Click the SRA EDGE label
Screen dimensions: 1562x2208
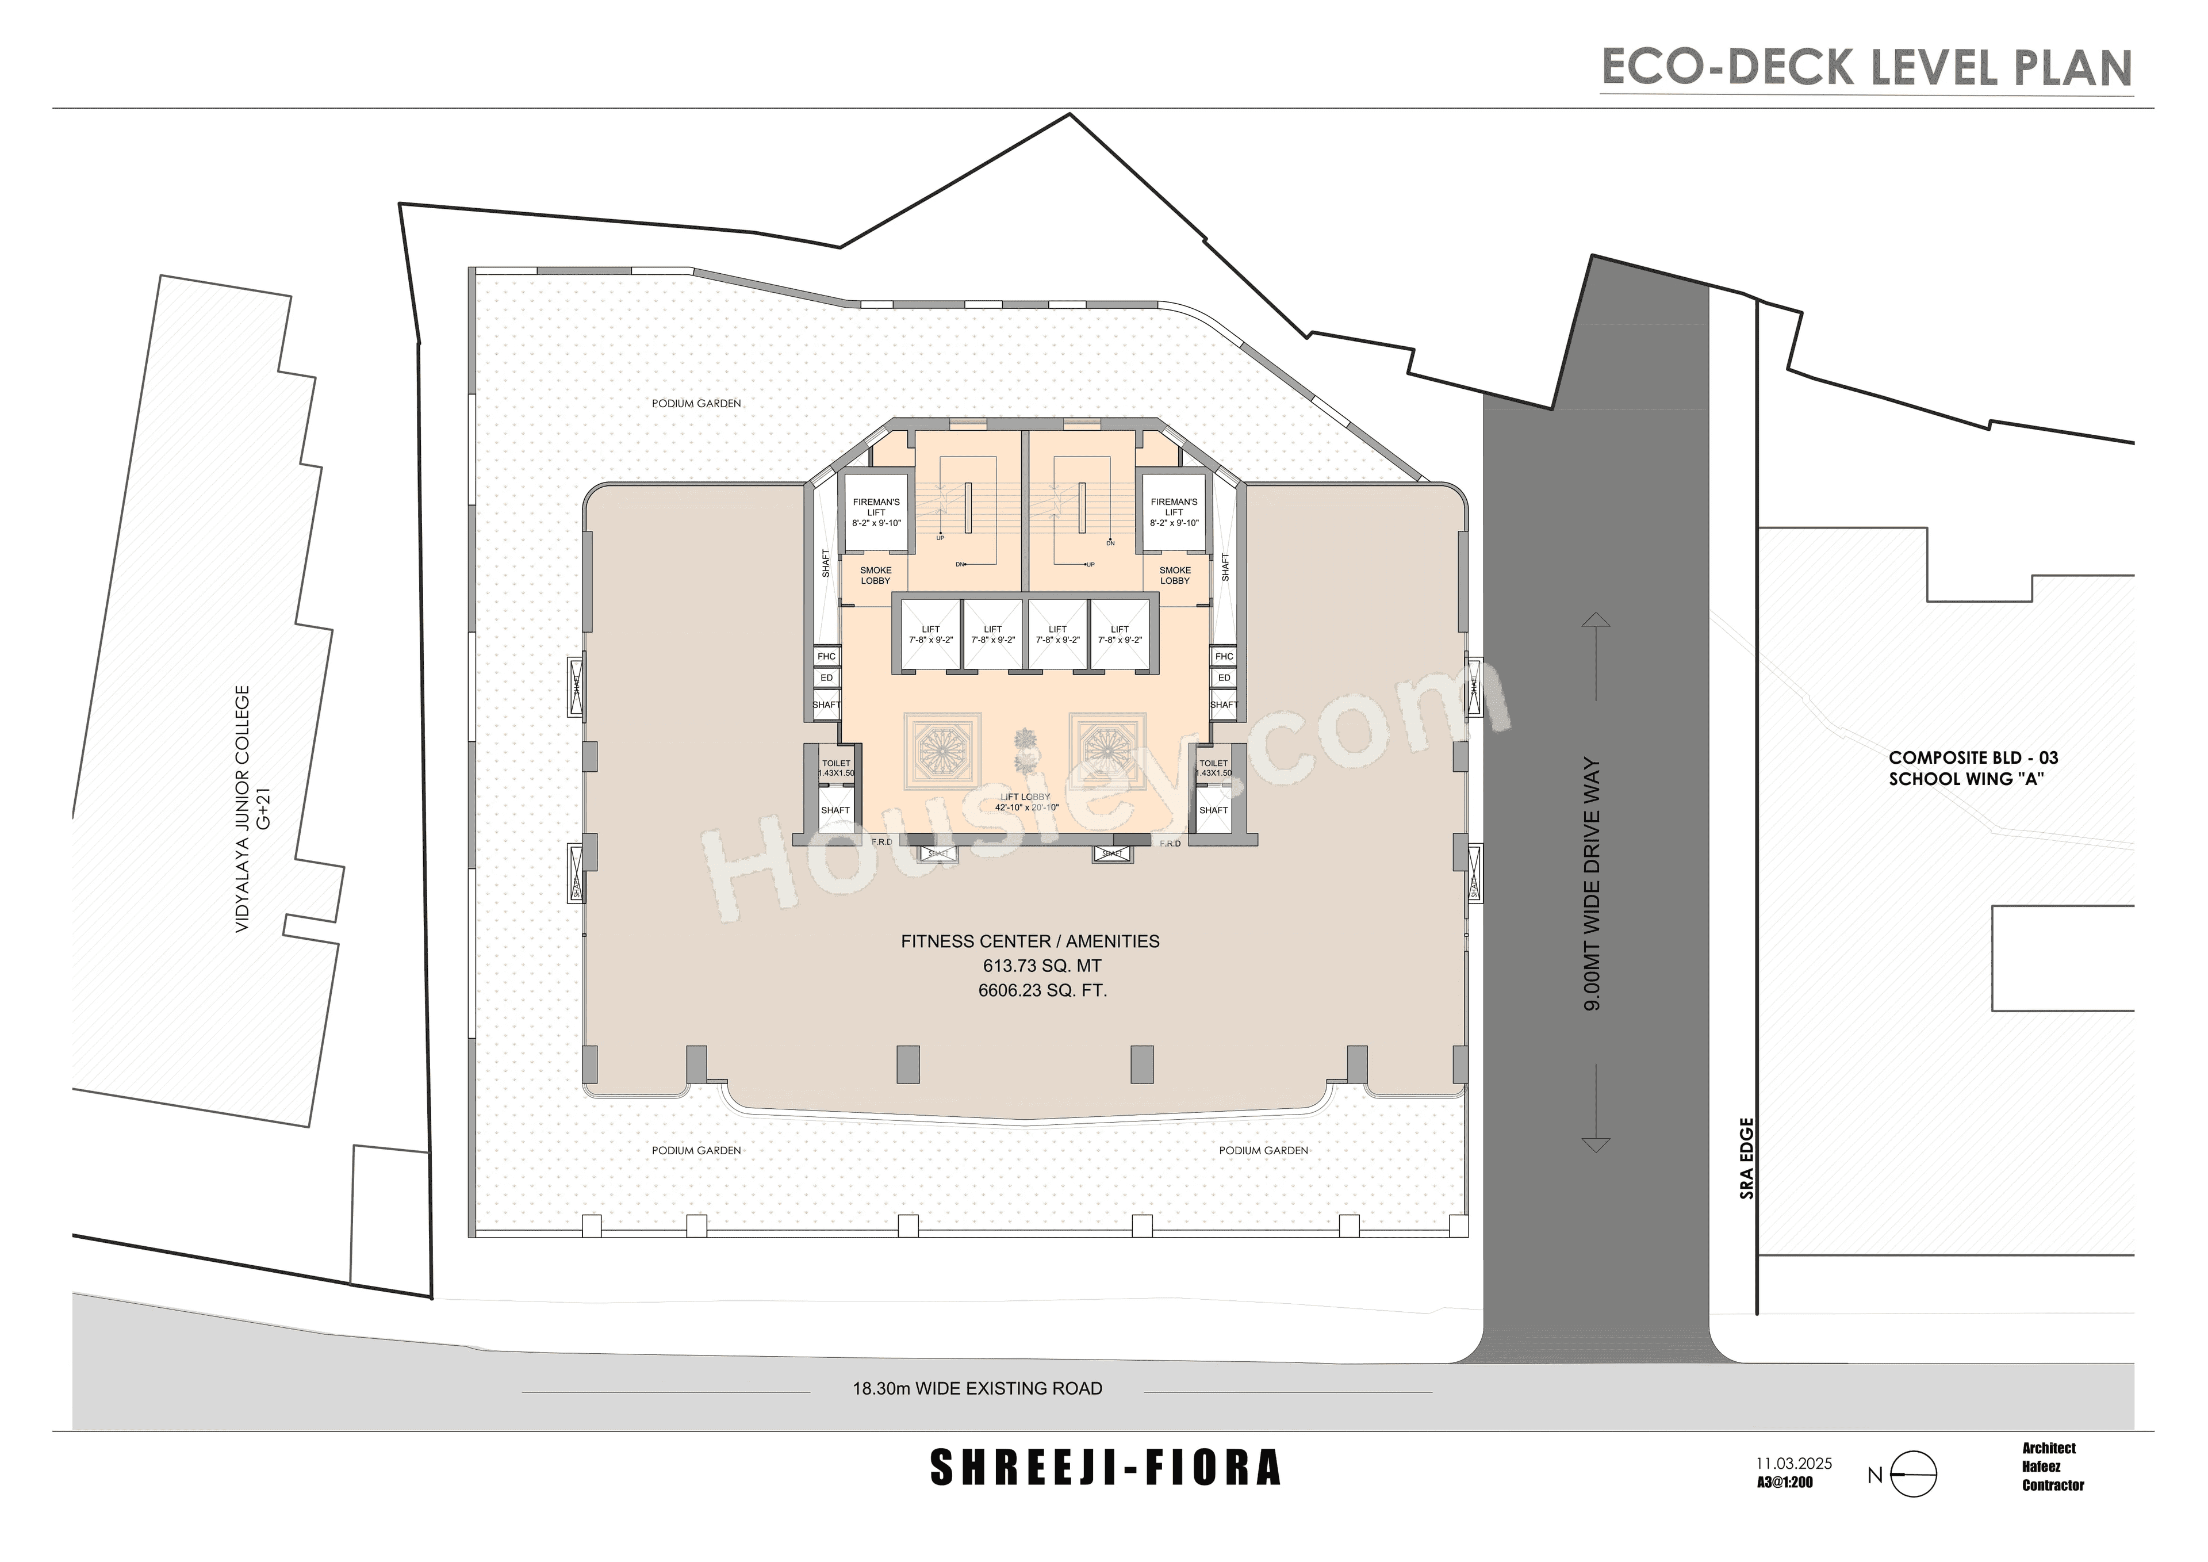point(1747,1158)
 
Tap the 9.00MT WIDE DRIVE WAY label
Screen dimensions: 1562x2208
point(1593,883)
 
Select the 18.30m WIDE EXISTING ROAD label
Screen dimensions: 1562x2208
point(977,1388)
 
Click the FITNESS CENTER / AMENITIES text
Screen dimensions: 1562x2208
point(1030,941)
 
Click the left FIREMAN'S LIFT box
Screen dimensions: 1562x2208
point(876,512)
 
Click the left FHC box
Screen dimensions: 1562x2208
point(826,656)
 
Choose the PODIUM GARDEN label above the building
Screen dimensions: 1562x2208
point(696,403)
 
